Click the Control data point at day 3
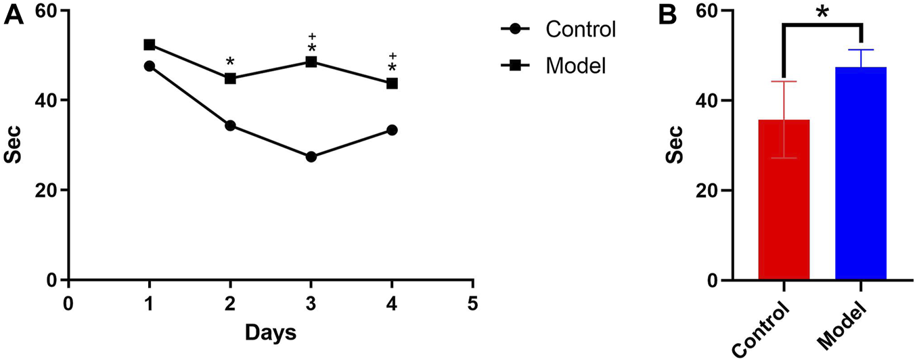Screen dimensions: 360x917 click(311, 156)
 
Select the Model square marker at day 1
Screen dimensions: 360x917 click(150, 45)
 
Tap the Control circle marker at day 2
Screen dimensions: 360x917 click(230, 125)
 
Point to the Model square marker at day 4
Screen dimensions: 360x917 click(392, 83)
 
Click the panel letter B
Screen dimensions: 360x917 click(668, 15)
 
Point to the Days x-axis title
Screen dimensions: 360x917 click(270, 332)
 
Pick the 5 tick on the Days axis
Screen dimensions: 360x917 click(472, 302)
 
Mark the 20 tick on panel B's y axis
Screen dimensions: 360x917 click(704, 190)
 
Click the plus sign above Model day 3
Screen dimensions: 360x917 click(312, 36)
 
